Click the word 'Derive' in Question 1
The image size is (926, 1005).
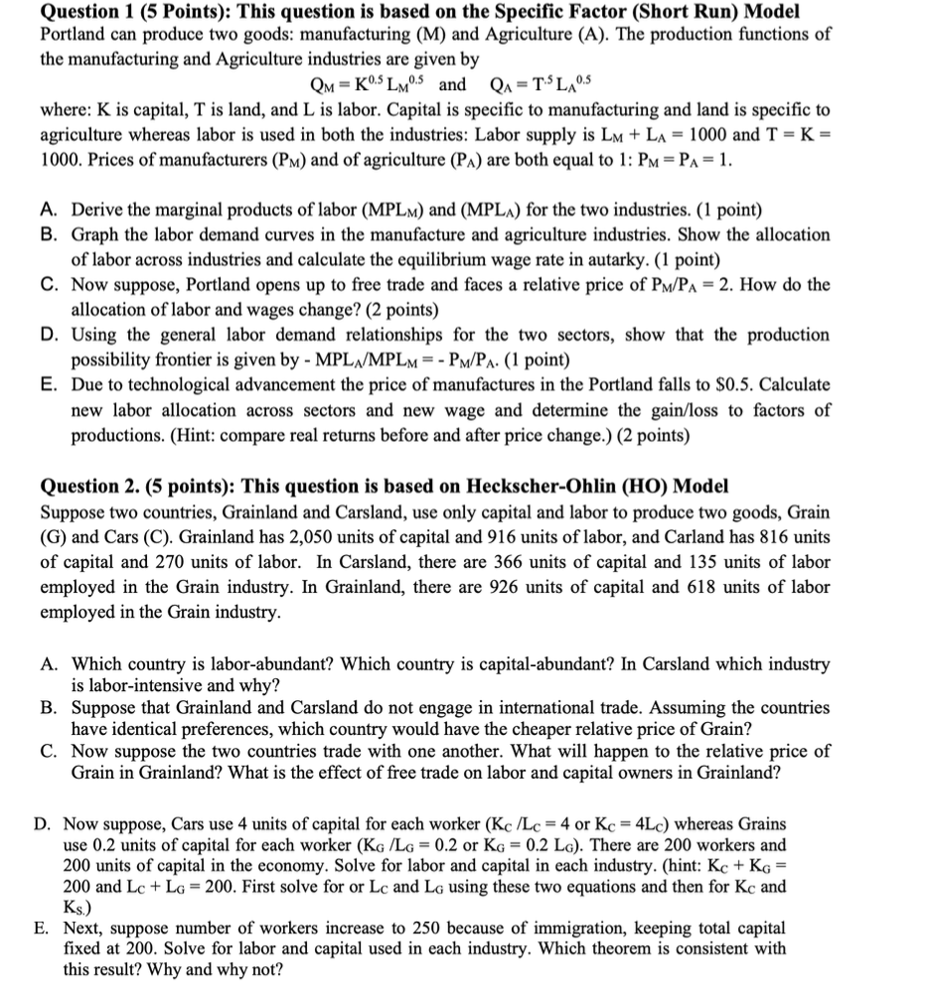click(97, 211)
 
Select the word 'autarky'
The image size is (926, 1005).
click(630, 259)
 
